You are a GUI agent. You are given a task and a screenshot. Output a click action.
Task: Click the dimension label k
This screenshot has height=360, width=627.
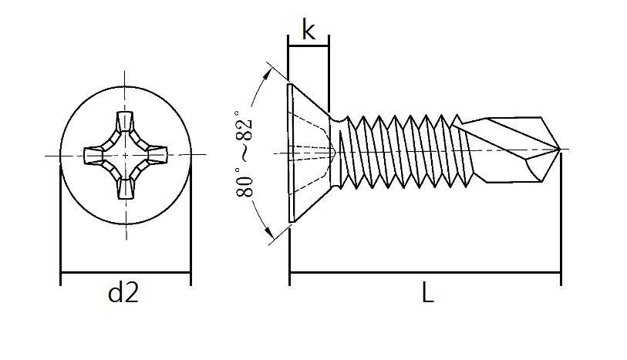click(x=308, y=30)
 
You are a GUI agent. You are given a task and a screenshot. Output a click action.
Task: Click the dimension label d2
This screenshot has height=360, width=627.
click(x=123, y=293)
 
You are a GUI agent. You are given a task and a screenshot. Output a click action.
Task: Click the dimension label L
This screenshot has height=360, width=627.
click(x=426, y=293)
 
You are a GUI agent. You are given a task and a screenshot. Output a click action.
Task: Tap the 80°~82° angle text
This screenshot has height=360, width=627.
click(x=244, y=155)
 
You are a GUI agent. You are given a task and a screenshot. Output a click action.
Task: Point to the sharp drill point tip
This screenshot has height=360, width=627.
click(x=561, y=148)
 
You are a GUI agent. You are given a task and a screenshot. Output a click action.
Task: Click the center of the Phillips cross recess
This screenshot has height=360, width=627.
click(x=125, y=156)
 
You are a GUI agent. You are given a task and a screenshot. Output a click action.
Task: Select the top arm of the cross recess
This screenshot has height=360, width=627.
click(x=125, y=125)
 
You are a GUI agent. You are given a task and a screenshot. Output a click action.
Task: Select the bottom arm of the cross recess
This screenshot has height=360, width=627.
click(x=125, y=187)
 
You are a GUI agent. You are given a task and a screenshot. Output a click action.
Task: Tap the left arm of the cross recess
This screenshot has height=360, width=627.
click(x=93, y=156)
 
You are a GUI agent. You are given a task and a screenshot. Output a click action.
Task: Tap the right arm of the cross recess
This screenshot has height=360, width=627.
click(x=157, y=156)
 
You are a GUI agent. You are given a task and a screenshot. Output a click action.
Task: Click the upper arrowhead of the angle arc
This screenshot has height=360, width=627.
click(x=268, y=72)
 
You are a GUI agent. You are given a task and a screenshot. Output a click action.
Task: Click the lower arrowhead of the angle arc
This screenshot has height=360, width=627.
click(x=268, y=236)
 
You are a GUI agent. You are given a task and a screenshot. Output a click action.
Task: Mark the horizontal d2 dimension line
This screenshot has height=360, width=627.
click(x=125, y=272)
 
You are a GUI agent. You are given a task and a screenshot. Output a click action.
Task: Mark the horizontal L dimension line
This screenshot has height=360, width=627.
click(x=424, y=272)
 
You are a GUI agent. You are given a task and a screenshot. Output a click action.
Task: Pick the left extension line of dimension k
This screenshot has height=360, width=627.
click(x=288, y=62)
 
